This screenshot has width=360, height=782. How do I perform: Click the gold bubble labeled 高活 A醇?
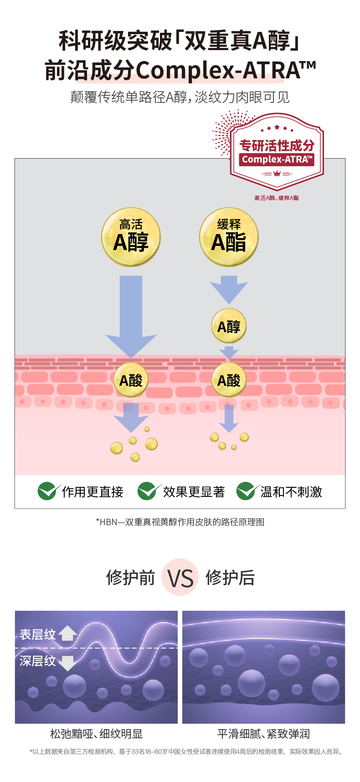pos(131,237)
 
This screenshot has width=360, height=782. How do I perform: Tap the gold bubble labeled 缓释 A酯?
pos(229,237)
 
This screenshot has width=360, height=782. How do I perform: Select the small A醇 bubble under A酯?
pos(229,326)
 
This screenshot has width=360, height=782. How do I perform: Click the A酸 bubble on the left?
pos(131,379)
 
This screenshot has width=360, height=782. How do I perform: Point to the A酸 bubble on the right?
pos(229,379)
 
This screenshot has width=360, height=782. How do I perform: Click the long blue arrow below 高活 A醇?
pos(131,314)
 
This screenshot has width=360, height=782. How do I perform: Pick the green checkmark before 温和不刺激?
pos(247,491)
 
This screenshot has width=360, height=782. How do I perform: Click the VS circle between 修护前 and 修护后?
pos(180,578)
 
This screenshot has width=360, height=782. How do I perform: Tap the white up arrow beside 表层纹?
pos(67,633)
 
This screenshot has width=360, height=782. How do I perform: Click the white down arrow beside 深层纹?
pos(67,662)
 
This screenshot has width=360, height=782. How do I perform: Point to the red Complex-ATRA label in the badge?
pos(277,159)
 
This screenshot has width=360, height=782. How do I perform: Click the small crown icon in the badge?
pos(277,174)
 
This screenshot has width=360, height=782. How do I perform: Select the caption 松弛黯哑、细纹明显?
pos(96,734)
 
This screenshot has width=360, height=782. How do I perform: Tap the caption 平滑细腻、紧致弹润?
pos(263,734)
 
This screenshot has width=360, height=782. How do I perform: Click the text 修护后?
pos(230,578)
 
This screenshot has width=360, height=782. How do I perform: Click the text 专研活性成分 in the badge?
pos(277,145)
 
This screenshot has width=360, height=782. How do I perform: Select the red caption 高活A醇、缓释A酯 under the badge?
pos(277,198)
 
